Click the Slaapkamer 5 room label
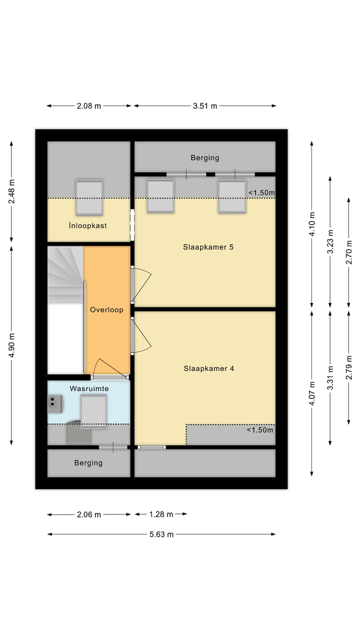[208, 247]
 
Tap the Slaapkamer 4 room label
[208, 368]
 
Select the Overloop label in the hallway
[106, 310]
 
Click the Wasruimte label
[89, 388]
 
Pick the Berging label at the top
[204, 158]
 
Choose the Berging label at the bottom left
[88, 463]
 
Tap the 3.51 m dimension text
[204, 106]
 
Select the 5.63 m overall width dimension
[161, 534]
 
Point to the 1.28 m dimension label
[161, 514]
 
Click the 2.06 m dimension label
[88, 514]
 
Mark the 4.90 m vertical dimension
[12, 345]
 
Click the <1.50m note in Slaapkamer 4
[260, 430]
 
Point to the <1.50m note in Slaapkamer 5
[261, 192]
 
